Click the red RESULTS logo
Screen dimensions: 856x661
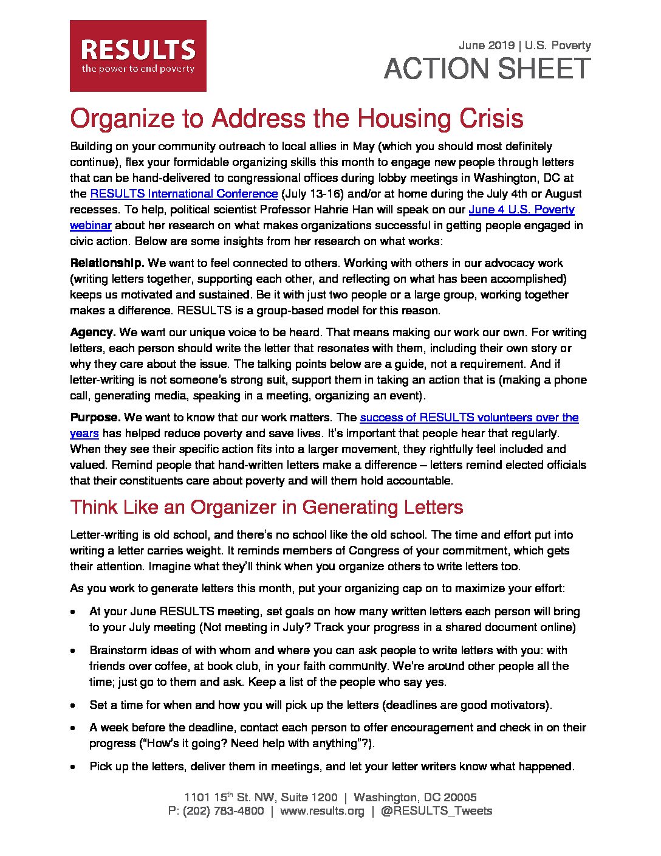click(x=138, y=56)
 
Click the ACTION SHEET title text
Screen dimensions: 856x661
click(x=487, y=69)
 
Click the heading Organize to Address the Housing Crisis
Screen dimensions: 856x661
click(x=296, y=118)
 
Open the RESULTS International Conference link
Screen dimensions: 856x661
click(x=183, y=194)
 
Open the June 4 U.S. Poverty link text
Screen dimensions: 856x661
click(x=521, y=210)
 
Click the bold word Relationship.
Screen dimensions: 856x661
click(x=107, y=263)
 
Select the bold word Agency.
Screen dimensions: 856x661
click(x=93, y=333)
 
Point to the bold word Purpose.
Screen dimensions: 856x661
click(x=95, y=418)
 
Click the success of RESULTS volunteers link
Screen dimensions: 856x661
click(x=469, y=418)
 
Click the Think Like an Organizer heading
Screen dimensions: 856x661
click(x=266, y=507)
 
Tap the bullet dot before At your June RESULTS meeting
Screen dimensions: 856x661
click(x=74, y=612)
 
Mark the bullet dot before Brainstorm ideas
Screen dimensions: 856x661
click(x=74, y=651)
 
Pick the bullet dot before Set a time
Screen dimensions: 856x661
click(x=74, y=706)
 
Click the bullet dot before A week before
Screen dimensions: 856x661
click(x=74, y=728)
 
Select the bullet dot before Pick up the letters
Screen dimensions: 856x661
click(x=74, y=767)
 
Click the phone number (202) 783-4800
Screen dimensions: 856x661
click(x=223, y=811)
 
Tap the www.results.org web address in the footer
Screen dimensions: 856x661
click(x=322, y=811)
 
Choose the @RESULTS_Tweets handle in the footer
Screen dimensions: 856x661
click(x=436, y=811)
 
